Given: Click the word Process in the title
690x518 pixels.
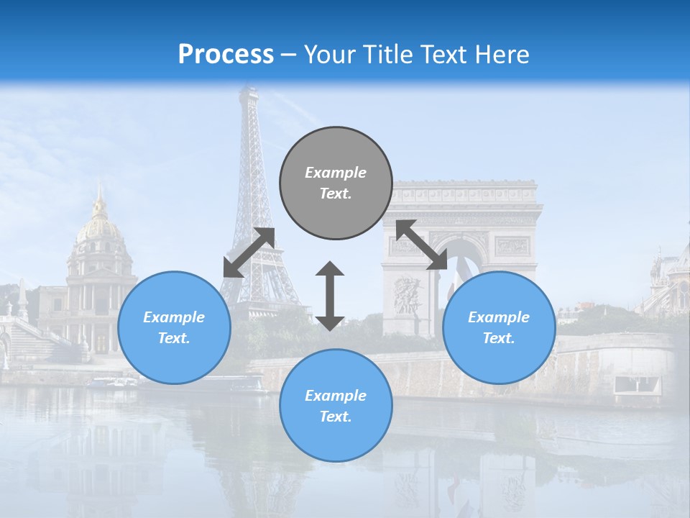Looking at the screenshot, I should coord(226,54).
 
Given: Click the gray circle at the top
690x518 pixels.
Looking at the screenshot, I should coord(336,183).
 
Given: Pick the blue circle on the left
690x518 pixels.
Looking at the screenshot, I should coord(174,327).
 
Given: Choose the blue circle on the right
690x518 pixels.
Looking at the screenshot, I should coord(499,327).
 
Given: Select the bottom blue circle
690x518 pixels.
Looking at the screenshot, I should coord(336,406).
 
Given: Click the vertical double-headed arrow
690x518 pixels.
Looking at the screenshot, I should coord(330,296).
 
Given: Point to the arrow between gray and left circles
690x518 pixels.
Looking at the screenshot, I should coord(249,252).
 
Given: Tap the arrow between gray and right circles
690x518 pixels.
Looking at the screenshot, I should coord(422,245).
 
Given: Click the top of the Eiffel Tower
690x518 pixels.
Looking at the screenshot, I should coord(248,91).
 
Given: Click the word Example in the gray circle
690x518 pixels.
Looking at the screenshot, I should coord(336,173).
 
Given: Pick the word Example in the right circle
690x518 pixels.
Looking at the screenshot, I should coord(499,317).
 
